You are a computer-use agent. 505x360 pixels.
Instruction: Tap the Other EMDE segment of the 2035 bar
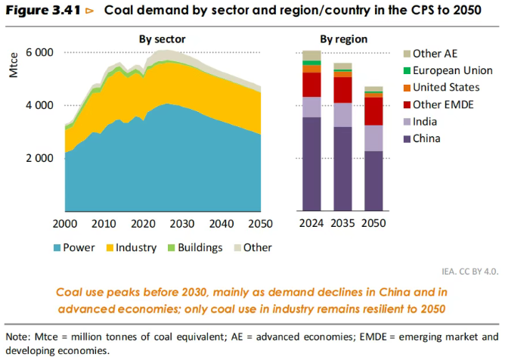click(343, 89)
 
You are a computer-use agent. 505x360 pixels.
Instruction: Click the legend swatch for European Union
click(407, 70)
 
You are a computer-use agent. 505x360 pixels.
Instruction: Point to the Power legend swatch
click(57, 247)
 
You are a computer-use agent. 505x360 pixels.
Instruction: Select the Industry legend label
click(137, 247)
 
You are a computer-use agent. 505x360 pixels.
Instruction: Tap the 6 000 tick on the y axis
click(39, 52)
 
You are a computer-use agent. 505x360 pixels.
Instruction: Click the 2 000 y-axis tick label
click(39, 158)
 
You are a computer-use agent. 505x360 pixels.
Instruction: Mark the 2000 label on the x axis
click(66, 224)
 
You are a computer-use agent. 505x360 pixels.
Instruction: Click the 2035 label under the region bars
click(343, 224)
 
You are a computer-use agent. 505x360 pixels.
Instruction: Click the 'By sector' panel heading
click(162, 39)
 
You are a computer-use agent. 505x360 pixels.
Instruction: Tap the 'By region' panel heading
click(344, 39)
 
